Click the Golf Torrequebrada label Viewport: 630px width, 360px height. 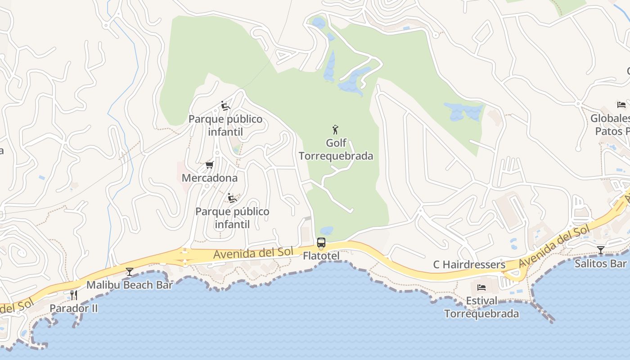point(336,149)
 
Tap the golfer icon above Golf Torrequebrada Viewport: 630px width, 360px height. point(335,130)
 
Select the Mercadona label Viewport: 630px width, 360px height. point(209,178)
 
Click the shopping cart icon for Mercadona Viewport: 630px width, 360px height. point(209,165)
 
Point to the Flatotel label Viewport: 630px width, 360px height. point(321,256)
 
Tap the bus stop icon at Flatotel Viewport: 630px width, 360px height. point(321,243)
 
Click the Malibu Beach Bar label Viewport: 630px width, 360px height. point(130,285)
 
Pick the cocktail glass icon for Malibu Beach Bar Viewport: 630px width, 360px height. point(130,271)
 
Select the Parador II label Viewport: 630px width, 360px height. point(74,308)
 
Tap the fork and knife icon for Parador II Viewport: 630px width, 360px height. point(74,295)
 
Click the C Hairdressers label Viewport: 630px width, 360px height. point(469,265)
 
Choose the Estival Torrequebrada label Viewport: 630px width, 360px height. point(481,307)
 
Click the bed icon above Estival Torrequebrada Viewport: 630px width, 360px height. point(481,287)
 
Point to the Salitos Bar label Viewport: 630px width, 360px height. point(600,263)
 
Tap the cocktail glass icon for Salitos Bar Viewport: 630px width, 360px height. point(600,250)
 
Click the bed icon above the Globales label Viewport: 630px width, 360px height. point(621,105)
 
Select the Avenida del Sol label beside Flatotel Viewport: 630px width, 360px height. point(253,253)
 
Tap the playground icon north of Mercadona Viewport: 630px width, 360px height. point(225,106)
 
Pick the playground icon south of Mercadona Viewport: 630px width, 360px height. point(232,198)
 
